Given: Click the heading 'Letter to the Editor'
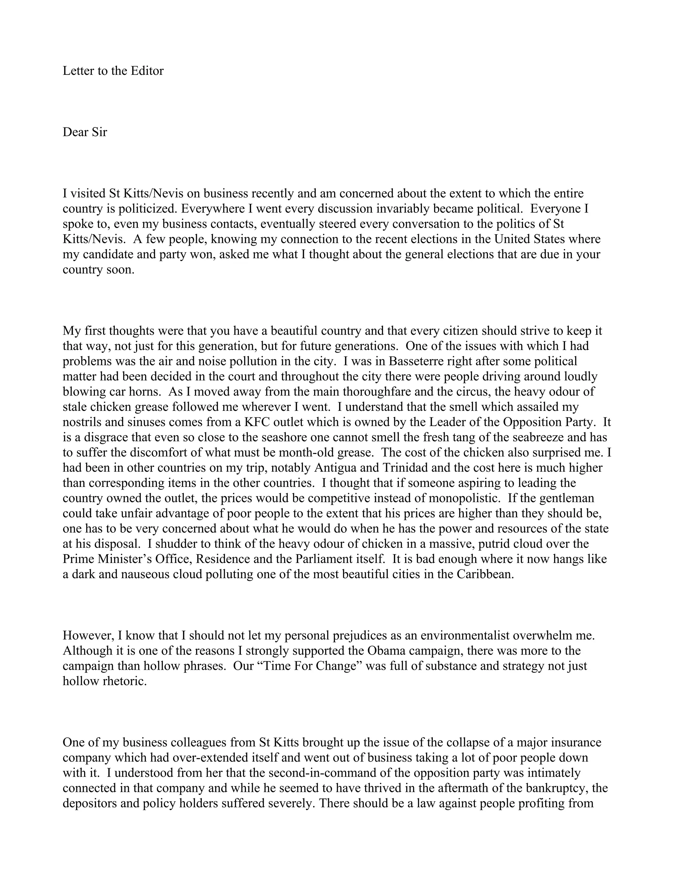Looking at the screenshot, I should click(x=113, y=71).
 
